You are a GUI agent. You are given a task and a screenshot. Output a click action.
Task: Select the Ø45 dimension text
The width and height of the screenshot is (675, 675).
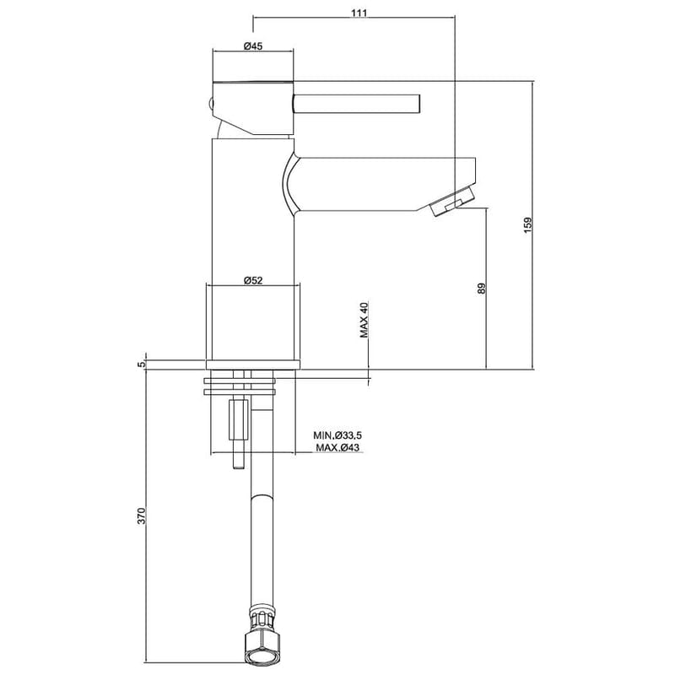(x=253, y=46)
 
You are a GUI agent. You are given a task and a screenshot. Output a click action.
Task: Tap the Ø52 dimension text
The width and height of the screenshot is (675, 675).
(x=253, y=281)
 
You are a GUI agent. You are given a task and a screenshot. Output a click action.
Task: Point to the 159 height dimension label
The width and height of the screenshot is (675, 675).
(x=527, y=225)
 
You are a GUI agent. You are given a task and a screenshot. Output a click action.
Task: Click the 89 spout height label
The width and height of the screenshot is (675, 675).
(x=481, y=288)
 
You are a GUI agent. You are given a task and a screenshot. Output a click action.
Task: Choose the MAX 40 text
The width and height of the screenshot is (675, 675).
(x=365, y=320)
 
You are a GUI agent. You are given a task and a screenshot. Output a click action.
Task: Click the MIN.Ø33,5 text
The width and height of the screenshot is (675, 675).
(x=337, y=435)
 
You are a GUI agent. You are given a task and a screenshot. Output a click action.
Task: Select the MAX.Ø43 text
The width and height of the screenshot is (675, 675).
(x=337, y=446)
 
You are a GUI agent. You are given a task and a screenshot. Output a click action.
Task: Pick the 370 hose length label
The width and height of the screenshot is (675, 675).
(x=142, y=516)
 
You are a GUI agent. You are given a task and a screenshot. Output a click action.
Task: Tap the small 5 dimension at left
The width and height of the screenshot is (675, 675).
(x=142, y=364)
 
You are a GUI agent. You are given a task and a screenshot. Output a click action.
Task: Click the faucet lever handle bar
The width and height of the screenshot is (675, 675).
(x=354, y=104)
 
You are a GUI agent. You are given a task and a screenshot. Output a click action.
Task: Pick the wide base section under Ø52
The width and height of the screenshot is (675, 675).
(x=253, y=325)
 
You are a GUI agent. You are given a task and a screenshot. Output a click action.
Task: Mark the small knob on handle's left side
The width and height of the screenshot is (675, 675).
(x=210, y=104)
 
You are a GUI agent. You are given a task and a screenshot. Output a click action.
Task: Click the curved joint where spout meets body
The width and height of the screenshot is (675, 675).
(x=289, y=181)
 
